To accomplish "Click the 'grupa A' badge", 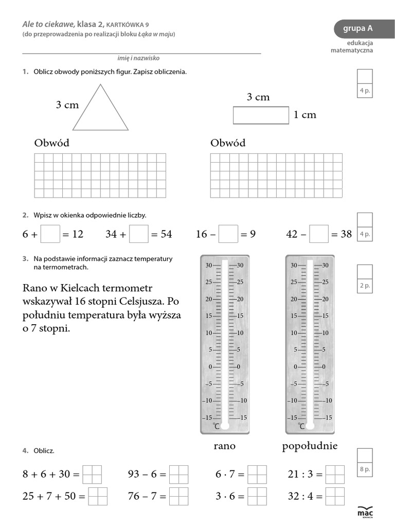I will click(358, 29).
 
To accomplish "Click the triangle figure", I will click(100, 111).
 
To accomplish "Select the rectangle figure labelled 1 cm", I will click(261, 115).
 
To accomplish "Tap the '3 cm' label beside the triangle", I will click(67, 105).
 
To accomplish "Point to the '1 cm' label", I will click(305, 115).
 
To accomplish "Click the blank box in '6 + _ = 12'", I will click(50, 234).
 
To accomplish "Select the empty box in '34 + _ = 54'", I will click(139, 234).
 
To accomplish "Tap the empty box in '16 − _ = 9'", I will click(228, 234).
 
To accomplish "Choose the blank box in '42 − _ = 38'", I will click(319, 234).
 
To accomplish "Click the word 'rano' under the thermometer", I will click(224, 446).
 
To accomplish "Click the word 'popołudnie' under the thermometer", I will click(310, 446).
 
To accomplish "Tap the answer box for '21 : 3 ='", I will click(335, 475).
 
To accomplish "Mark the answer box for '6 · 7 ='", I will click(257, 475).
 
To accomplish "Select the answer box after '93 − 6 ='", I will click(178, 475).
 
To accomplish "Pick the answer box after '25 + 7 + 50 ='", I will click(98, 497).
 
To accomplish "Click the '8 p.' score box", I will click(365, 462).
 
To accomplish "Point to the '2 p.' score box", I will click(365, 278).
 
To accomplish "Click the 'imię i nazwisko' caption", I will click(138, 59).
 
